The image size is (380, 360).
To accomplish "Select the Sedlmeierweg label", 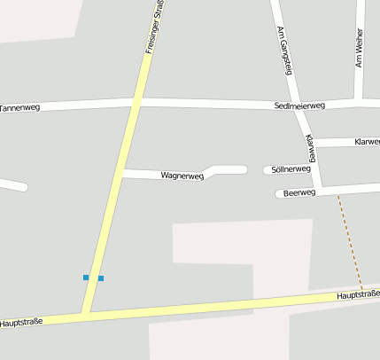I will [x=299, y=106].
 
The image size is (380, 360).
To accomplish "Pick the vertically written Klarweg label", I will [x=310, y=148].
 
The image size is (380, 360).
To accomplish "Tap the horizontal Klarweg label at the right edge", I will [x=367, y=142].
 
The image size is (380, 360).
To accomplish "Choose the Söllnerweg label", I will [x=291, y=168].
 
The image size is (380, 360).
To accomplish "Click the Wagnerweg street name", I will [x=182, y=176].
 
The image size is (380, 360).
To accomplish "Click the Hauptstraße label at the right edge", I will [x=358, y=294].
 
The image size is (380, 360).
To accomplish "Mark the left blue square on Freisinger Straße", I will [x=87, y=278].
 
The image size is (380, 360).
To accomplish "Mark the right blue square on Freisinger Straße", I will [x=100, y=278].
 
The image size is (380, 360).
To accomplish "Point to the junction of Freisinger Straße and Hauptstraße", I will [x=85, y=314].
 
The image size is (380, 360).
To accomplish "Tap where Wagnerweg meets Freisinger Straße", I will [x=120, y=174].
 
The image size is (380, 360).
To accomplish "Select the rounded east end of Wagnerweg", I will [x=243, y=169].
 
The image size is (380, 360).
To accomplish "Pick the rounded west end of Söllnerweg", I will [x=268, y=169].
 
